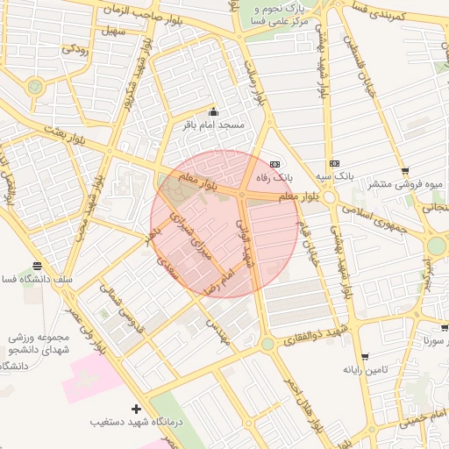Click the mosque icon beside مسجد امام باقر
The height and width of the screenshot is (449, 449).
pyautogui.click(x=213, y=112)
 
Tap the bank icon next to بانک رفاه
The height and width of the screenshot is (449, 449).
pyautogui.click(x=274, y=164)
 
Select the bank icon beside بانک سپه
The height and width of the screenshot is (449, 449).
pyautogui.click(x=334, y=163)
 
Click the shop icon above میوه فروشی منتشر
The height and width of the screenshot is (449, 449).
pyautogui.click(x=404, y=171)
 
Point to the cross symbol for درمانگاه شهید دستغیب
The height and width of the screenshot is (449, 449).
pyautogui.click(x=136, y=409)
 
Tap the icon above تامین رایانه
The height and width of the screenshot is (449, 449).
pyautogui.click(x=365, y=357)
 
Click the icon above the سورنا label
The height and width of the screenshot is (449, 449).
pyautogui.click(x=445, y=328)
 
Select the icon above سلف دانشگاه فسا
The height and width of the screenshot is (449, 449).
pyautogui.click(x=37, y=266)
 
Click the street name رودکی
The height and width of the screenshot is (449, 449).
pyautogui.click(x=74, y=49)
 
